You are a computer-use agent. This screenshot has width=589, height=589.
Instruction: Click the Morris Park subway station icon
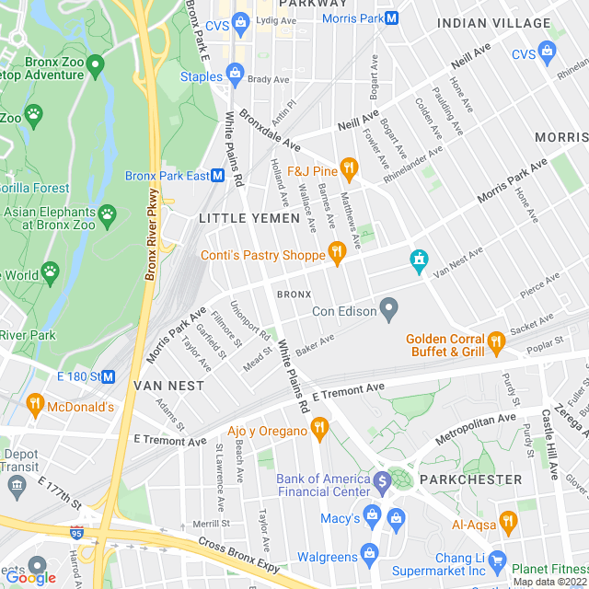pyautogui.click(x=392, y=17)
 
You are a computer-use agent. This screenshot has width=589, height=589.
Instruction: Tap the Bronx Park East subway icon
pyautogui.click(x=219, y=175)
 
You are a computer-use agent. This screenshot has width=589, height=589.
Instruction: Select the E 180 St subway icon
pyautogui.click(x=108, y=375)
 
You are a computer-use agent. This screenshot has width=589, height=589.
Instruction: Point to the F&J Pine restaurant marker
pyautogui.click(x=348, y=167)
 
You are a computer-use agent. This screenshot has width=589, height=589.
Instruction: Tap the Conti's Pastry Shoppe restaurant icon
pyautogui.click(x=337, y=252)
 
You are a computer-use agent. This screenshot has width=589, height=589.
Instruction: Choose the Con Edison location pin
pyautogui.click(x=389, y=307)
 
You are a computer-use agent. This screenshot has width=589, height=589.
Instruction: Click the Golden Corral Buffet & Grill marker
pyautogui.click(x=496, y=342)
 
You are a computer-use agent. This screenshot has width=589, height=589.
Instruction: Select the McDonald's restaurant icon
pyautogui.click(x=35, y=403)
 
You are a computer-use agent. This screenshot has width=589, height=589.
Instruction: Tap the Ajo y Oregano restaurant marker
pyautogui.click(x=319, y=427)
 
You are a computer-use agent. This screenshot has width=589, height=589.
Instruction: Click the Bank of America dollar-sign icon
pyautogui.click(x=383, y=479)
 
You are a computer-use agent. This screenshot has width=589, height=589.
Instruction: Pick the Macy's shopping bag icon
pyautogui.click(x=372, y=514)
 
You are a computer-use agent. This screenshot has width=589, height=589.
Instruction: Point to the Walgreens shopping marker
pyautogui.click(x=369, y=553)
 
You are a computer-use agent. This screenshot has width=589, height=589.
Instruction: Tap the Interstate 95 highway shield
pyautogui.click(x=76, y=533)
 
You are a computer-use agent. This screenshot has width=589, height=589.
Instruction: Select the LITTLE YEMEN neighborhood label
pyautogui.click(x=249, y=218)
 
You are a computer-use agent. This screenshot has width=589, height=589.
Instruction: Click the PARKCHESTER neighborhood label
pyautogui.click(x=470, y=479)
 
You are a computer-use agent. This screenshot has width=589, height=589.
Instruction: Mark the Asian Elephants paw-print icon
pyautogui.click(x=108, y=214)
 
